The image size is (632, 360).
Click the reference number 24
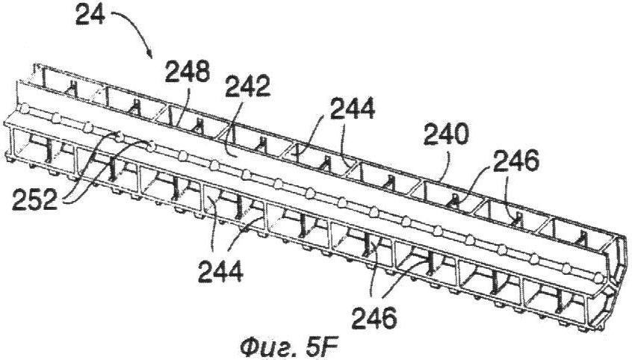[x=90, y=16]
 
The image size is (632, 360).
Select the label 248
[x=188, y=72]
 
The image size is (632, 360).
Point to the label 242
[x=247, y=87]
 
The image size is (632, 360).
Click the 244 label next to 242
[x=353, y=108]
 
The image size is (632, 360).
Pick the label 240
[x=446, y=135]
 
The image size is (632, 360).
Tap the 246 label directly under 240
[x=516, y=161]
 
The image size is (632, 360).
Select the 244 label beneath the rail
[x=220, y=271]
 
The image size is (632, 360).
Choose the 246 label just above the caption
[x=374, y=318]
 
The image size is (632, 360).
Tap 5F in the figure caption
[x=323, y=347]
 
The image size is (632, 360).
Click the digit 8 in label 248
[x=203, y=72]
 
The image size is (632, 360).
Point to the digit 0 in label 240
[x=462, y=135]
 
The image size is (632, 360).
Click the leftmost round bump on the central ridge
[x=25, y=109]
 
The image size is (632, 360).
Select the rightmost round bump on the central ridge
[x=599, y=277]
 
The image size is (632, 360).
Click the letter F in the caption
[x=331, y=347]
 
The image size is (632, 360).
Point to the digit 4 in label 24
[x=98, y=16]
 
